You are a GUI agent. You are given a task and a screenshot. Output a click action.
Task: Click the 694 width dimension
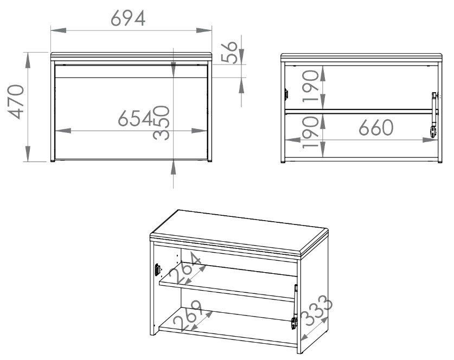(x=128, y=18)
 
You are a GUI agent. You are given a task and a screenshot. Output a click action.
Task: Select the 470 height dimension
(x=16, y=102)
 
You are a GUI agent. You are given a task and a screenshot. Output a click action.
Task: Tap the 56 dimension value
(x=229, y=52)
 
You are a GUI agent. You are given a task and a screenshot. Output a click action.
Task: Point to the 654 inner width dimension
(x=135, y=118)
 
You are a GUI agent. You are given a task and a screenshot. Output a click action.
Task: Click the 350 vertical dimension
(x=161, y=123)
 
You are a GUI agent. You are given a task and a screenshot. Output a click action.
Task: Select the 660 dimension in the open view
(x=376, y=127)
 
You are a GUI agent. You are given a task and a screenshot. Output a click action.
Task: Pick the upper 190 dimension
(x=310, y=86)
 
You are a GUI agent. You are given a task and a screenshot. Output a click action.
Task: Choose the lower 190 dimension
(x=310, y=132)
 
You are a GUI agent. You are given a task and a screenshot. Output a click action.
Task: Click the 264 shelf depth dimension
(x=184, y=268)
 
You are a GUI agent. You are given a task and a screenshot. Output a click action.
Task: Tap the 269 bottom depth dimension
(x=187, y=316)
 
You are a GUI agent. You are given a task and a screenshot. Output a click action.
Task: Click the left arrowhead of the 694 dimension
(x=59, y=30)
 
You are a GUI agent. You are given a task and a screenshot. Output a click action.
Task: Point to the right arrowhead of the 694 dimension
(x=204, y=30)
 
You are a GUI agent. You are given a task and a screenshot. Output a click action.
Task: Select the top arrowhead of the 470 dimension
(x=28, y=60)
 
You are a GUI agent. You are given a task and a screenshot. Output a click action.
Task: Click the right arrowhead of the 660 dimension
(x=430, y=140)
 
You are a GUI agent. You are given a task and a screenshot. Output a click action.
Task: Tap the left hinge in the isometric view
(x=157, y=269)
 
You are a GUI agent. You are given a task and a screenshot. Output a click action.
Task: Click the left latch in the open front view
(x=286, y=94)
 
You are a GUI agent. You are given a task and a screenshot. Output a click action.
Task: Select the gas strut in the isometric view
(x=295, y=307)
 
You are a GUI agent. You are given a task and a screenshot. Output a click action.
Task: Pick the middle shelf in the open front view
(x=359, y=111)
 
